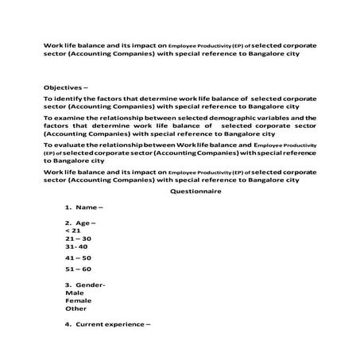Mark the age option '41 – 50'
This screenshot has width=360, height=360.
(79, 258)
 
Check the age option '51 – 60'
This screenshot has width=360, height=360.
(79, 269)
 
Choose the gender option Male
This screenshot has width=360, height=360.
(75, 292)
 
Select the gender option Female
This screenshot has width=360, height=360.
(79, 300)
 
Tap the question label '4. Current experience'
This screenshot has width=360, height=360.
(108, 324)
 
